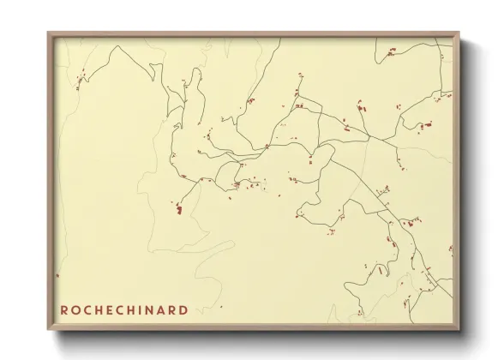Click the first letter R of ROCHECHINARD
(64, 309)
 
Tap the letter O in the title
(75, 309)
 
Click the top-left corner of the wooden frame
(48, 33)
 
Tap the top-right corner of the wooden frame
(459, 33)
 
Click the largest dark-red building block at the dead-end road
(178, 208)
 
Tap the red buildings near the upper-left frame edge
(79, 83)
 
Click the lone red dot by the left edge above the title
(57, 275)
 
